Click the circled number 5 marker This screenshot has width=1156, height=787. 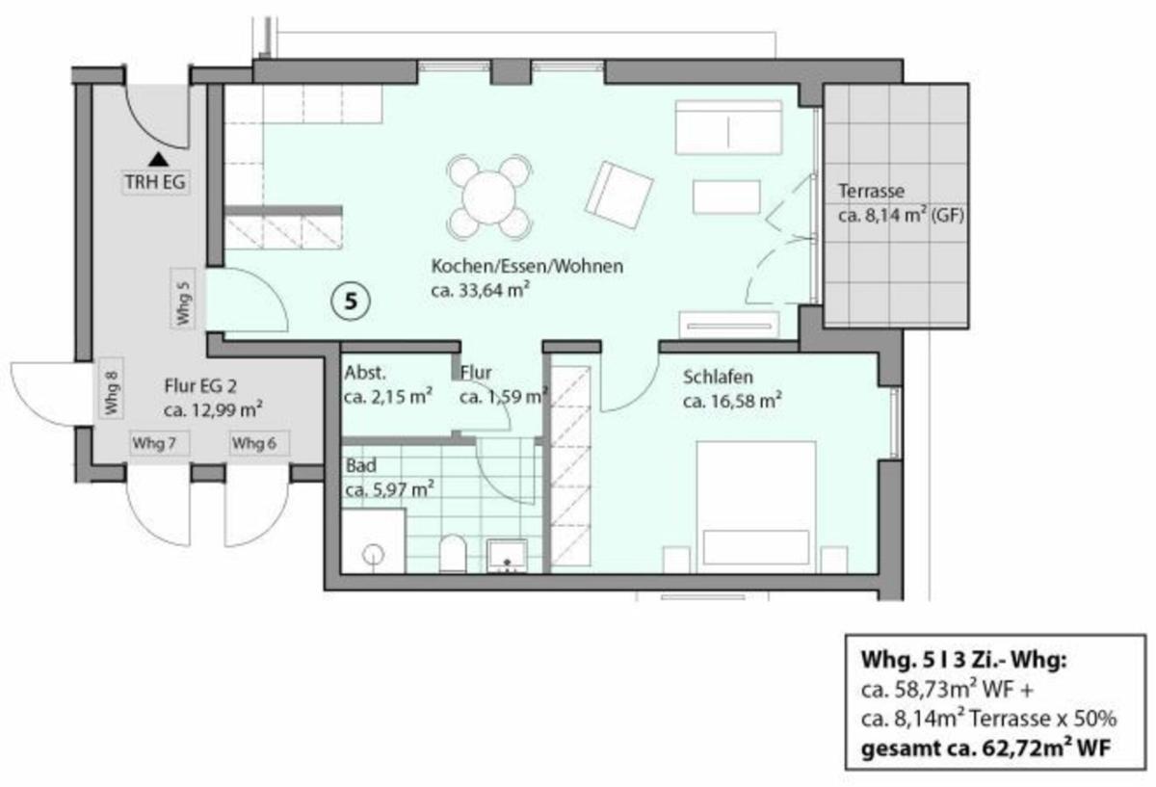coord(351,301)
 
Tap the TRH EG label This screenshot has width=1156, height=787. coord(155,182)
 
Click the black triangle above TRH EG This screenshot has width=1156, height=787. coord(158,160)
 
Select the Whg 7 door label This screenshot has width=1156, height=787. coord(154,443)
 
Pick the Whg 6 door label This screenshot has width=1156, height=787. coord(254,443)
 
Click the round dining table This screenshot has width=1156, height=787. coord(489,197)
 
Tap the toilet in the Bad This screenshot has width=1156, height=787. coord(453,553)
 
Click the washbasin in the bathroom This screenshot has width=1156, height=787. coord(508,556)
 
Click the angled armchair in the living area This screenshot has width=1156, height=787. coord(619,196)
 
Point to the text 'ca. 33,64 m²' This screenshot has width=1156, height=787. coord(481,291)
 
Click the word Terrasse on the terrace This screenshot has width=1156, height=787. coord(871,192)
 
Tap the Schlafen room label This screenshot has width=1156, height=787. coord(718,378)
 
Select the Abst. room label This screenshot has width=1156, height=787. coord(365,373)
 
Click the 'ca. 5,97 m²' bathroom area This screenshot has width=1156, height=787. coord(389,488)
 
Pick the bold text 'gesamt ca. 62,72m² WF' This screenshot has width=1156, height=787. coord(986,748)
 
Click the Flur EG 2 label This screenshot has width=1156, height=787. coord(200,386)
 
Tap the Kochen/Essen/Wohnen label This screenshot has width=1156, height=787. coord(527,266)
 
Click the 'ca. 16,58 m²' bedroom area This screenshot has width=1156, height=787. coord(732,401)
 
